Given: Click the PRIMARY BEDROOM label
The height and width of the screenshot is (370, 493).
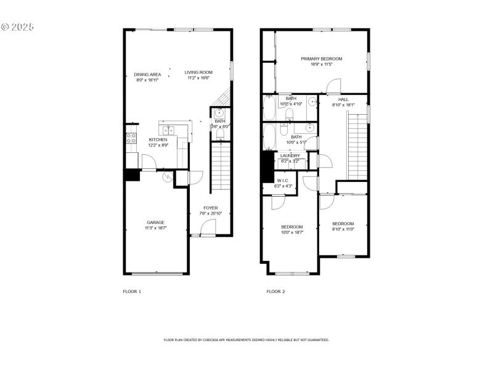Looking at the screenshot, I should pyautogui.click(x=321, y=59).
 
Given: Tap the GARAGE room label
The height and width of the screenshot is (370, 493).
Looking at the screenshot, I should pyautogui.click(x=155, y=223).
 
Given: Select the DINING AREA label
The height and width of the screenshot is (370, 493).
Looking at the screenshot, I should pyautogui.click(x=148, y=75).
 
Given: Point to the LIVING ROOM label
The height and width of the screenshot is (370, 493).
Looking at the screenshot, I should pyautogui.click(x=198, y=73).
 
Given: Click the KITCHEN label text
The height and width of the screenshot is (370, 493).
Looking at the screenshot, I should pyautogui.click(x=158, y=139).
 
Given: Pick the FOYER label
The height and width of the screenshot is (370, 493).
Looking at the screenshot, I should pyautogui.click(x=210, y=208).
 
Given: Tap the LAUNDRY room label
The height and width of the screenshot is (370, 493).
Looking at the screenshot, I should pyautogui.click(x=290, y=155).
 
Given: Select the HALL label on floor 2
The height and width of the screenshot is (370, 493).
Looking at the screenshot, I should pyautogui.click(x=343, y=99).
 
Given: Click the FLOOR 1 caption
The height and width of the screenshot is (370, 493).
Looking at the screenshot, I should pyautogui.click(x=132, y=291).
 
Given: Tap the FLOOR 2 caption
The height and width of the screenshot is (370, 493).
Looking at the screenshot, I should pyautogui.click(x=275, y=291).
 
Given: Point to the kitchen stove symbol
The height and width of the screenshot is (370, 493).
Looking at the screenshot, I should pyautogui.click(x=131, y=139).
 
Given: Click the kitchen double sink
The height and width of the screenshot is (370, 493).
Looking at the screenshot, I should pyautogui.click(x=168, y=131).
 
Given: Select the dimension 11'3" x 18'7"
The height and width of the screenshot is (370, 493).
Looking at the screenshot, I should pyautogui.click(x=155, y=228).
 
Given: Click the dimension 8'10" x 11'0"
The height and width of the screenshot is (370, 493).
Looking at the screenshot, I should pyautogui.click(x=343, y=229).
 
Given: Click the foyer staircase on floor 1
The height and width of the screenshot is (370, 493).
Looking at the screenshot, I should pyautogui.click(x=220, y=166).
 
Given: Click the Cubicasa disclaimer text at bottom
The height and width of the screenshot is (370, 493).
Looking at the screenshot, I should pyautogui.click(x=246, y=340).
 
